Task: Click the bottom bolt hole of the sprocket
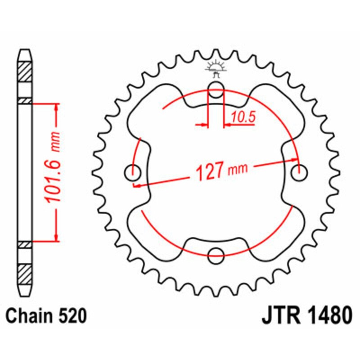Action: [216, 255]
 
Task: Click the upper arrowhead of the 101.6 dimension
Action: [56, 107]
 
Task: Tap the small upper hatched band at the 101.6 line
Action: [25, 101]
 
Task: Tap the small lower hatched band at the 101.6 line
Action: [25, 244]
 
